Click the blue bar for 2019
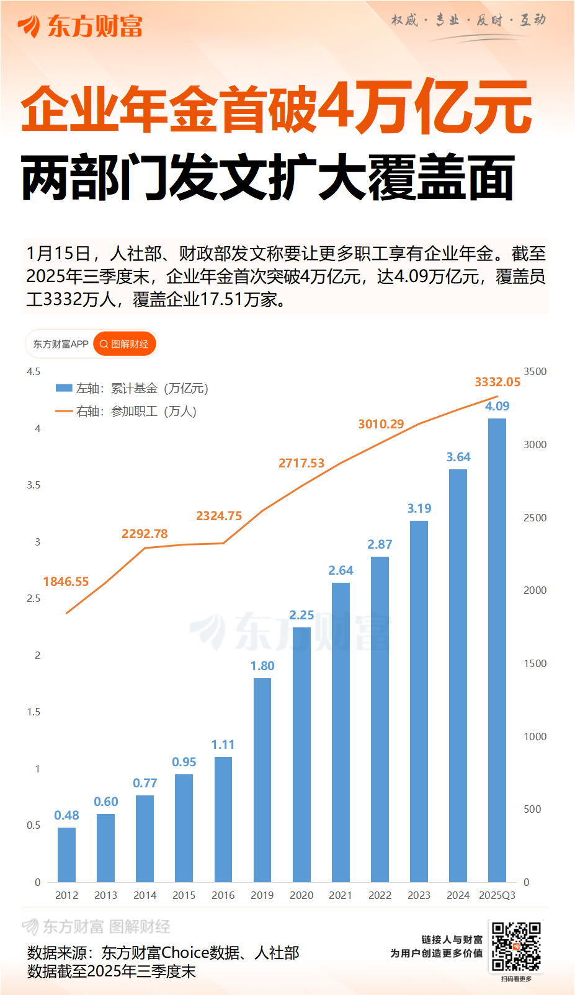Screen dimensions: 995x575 [262, 779]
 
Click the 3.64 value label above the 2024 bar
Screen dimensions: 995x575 [458, 457]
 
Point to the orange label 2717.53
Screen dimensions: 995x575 [301, 463]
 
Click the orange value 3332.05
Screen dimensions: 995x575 [497, 382]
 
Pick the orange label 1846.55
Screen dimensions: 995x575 [66, 582]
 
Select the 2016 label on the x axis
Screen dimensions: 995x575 [223, 895]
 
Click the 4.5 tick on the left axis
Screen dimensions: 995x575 [33, 371]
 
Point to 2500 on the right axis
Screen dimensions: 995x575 [535, 518]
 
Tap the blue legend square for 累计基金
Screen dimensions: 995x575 [64, 388]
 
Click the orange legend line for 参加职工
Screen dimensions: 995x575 [64, 411]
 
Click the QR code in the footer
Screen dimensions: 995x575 [516, 947]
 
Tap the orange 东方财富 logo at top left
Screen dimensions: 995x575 [81, 26]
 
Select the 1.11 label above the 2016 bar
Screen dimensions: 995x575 [223, 745]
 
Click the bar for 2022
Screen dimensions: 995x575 [380, 719]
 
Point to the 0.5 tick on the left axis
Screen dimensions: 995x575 [33, 825]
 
